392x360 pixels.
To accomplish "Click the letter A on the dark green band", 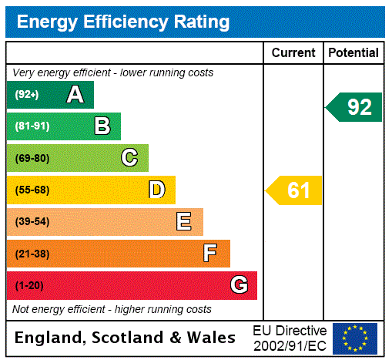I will (75, 95).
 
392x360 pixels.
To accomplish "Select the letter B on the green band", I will (102, 126).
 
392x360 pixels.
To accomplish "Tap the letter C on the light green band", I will (129, 158).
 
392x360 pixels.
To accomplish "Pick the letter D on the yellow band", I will (157, 190).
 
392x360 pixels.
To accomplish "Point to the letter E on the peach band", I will (184, 222).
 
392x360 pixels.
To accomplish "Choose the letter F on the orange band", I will (210, 254).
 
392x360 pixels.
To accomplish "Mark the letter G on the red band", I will (239, 285).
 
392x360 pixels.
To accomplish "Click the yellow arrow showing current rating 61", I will (294, 190).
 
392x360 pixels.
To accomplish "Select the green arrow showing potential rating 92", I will (354, 106).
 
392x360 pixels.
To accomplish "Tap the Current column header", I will (293, 53).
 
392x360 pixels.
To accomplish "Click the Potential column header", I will (353, 53).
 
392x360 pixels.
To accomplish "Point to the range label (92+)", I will (27, 95).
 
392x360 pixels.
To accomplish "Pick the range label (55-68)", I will (32, 190).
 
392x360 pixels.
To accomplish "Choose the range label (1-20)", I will (29, 286).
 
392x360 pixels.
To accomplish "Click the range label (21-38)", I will (32, 254).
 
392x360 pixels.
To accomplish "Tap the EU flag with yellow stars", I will (355, 338).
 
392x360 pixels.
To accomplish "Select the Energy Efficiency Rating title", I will (123, 22).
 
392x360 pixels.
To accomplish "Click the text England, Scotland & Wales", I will (126, 338).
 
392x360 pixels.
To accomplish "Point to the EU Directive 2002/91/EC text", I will (290, 338).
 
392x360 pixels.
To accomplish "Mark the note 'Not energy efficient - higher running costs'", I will (112, 309).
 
